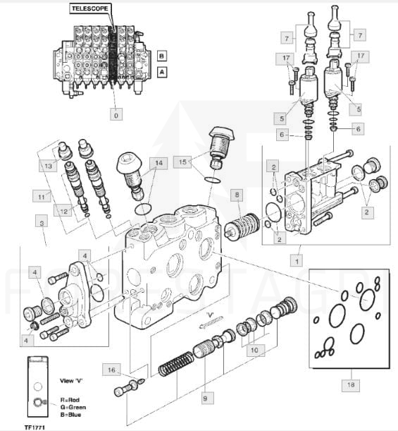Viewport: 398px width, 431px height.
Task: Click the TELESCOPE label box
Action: pyautogui.click(x=89, y=8)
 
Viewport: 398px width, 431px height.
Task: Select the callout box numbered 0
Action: pyautogui.click(x=116, y=114)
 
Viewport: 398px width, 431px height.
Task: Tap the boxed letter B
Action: pyautogui.click(x=162, y=56)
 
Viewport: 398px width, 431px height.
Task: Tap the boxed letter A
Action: pyautogui.click(x=162, y=72)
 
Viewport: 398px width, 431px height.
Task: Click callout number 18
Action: pyautogui.click(x=351, y=384)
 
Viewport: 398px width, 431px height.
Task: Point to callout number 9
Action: pyautogui.click(x=205, y=398)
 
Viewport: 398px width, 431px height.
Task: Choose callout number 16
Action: pyautogui.click(x=111, y=370)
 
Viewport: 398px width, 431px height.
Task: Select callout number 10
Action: pyautogui.click(x=254, y=350)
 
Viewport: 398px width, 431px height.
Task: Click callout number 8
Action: pyautogui.click(x=237, y=195)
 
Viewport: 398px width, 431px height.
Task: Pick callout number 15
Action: pyautogui.click(x=182, y=162)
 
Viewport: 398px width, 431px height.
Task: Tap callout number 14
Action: pyautogui.click(x=159, y=163)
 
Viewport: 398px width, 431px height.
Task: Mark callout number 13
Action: pyautogui.click(x=49, y=166)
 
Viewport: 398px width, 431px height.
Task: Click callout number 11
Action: pyautogui.click(x=42, y=197)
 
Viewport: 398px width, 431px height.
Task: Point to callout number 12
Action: pyautogui.click(x=63, y=211)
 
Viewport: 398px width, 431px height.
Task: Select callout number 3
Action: pyautogui.click(x=42, y=223)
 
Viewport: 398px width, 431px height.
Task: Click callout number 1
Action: pyautogui.click(x=297, y=260)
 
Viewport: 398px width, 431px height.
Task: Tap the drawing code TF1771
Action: pyautogui.click(x=35, y=427)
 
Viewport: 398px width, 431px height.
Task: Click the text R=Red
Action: pyautogui.click(x=70, y=400)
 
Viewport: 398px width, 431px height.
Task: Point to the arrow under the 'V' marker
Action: pyautogui.click(x=211, y=322)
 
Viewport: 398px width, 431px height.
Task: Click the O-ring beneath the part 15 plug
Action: pyautogui.click(x=212, y=180)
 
